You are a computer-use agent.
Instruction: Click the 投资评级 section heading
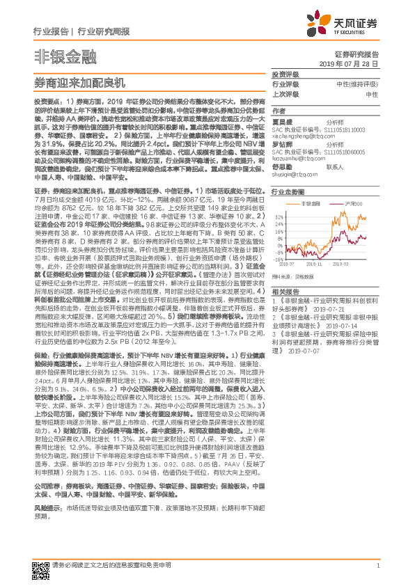pos(285,73)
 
